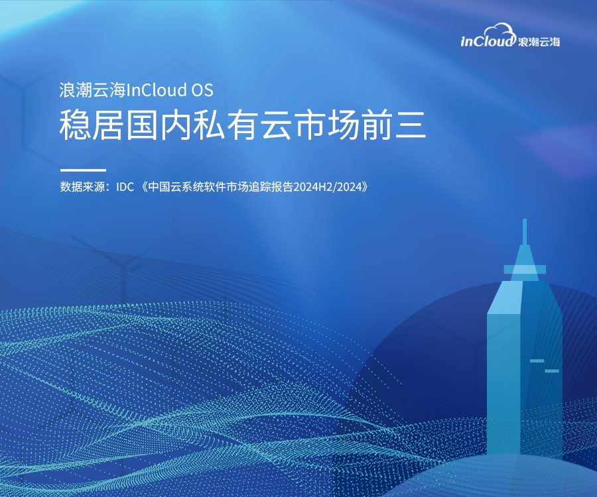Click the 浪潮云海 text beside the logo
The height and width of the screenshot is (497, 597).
pyautogui.click(x=539, y=42)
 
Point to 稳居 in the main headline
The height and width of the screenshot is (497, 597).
pyautogui.click(x=91, y=125)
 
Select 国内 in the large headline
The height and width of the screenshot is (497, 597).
pyautogui.click(x=158, y=125)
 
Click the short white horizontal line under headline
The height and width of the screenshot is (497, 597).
pyautogui.click(x=83, y=170)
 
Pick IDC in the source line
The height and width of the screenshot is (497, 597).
pyautogui.click(x=125, y=187)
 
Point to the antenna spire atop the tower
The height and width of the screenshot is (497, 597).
pyautogui.click(x=525, y=231)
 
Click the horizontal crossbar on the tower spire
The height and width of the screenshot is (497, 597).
pyautogui.click(x=525, y=270)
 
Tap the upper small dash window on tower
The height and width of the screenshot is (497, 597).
pyautogui.click(x=537, y=360)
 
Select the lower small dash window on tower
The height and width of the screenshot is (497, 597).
pyautogui.click(x=552, y=370)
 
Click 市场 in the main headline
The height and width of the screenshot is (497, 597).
pyautogui.click(x=326, y=125)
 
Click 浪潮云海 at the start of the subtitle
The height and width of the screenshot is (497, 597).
pyautogui.click(x=92, y=90)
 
